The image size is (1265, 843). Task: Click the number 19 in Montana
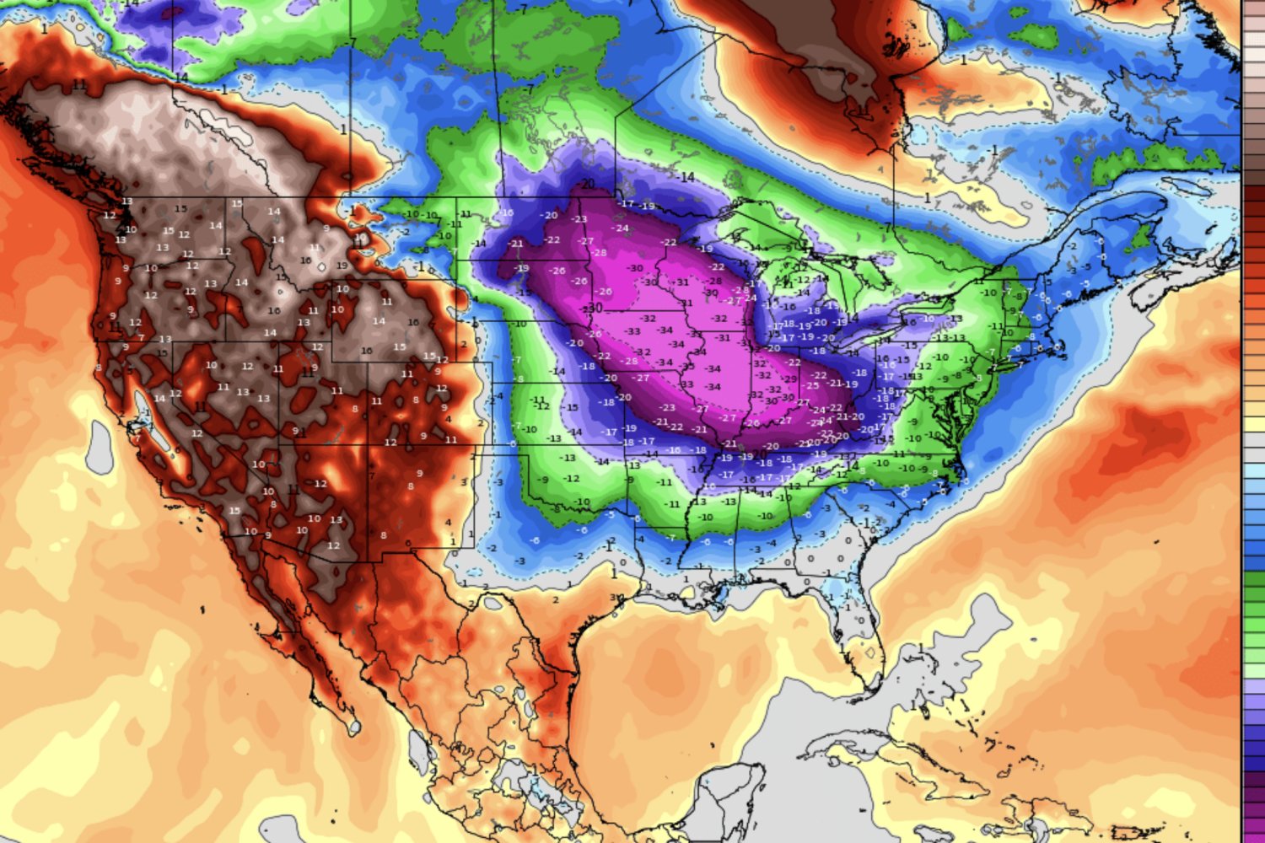(x=342, y=266)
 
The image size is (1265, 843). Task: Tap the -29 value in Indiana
(x=790, y=379)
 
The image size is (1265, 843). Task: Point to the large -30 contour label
(x=594, y=308)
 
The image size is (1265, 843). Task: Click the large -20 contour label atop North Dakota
(x=587, y=185)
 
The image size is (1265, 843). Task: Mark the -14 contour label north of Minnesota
(x=686, y=177)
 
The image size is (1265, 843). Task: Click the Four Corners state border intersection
(x=369, y=444)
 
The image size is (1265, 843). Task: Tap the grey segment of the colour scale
(x=1254, y=455)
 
